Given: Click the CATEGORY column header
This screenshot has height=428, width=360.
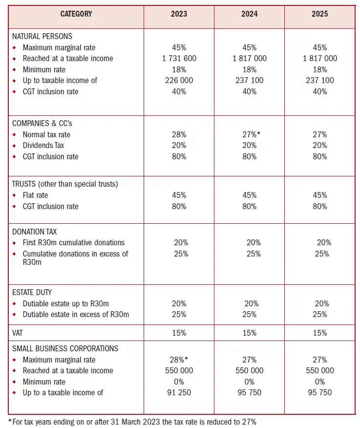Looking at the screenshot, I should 76,14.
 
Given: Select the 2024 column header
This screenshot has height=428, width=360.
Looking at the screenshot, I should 249,14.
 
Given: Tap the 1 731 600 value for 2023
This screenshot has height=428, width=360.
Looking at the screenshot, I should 179,59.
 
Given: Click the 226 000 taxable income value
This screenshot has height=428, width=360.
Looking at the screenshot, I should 179,81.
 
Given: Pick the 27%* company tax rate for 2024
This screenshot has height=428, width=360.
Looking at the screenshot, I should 250,134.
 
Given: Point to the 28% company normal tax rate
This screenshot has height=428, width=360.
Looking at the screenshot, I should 179,134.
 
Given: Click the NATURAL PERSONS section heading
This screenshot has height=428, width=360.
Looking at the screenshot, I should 42,37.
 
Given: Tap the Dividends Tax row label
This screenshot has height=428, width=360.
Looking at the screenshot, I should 43,146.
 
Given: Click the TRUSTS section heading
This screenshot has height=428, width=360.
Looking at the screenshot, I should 65,184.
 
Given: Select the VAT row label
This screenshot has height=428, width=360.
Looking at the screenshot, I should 19,333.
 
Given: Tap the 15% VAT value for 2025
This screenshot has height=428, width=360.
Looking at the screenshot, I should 319,333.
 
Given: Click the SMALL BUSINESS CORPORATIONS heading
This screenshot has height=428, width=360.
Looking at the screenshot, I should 65,349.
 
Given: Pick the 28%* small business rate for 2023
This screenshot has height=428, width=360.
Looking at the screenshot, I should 179,360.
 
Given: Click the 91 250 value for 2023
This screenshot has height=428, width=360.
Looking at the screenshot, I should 179,393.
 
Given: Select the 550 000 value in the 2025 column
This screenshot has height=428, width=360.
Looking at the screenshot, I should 319,371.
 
